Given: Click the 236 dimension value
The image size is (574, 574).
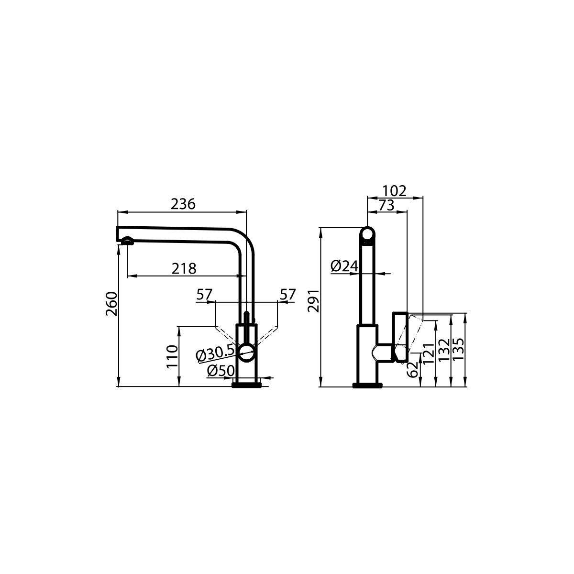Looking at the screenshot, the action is tap(183, 204).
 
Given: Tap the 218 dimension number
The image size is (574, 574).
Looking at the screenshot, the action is tap(184, 269).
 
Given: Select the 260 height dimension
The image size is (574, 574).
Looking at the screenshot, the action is tap(112, 304).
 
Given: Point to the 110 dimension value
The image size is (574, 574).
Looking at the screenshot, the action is tap(172, 356).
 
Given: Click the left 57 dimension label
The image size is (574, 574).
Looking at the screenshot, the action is tap(204, 295).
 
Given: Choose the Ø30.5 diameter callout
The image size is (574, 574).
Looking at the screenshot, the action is tap(215, 354).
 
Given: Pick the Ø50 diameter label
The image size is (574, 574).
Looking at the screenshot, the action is tap(221, 371).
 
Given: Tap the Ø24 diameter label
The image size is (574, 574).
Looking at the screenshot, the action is tap(344, 266).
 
